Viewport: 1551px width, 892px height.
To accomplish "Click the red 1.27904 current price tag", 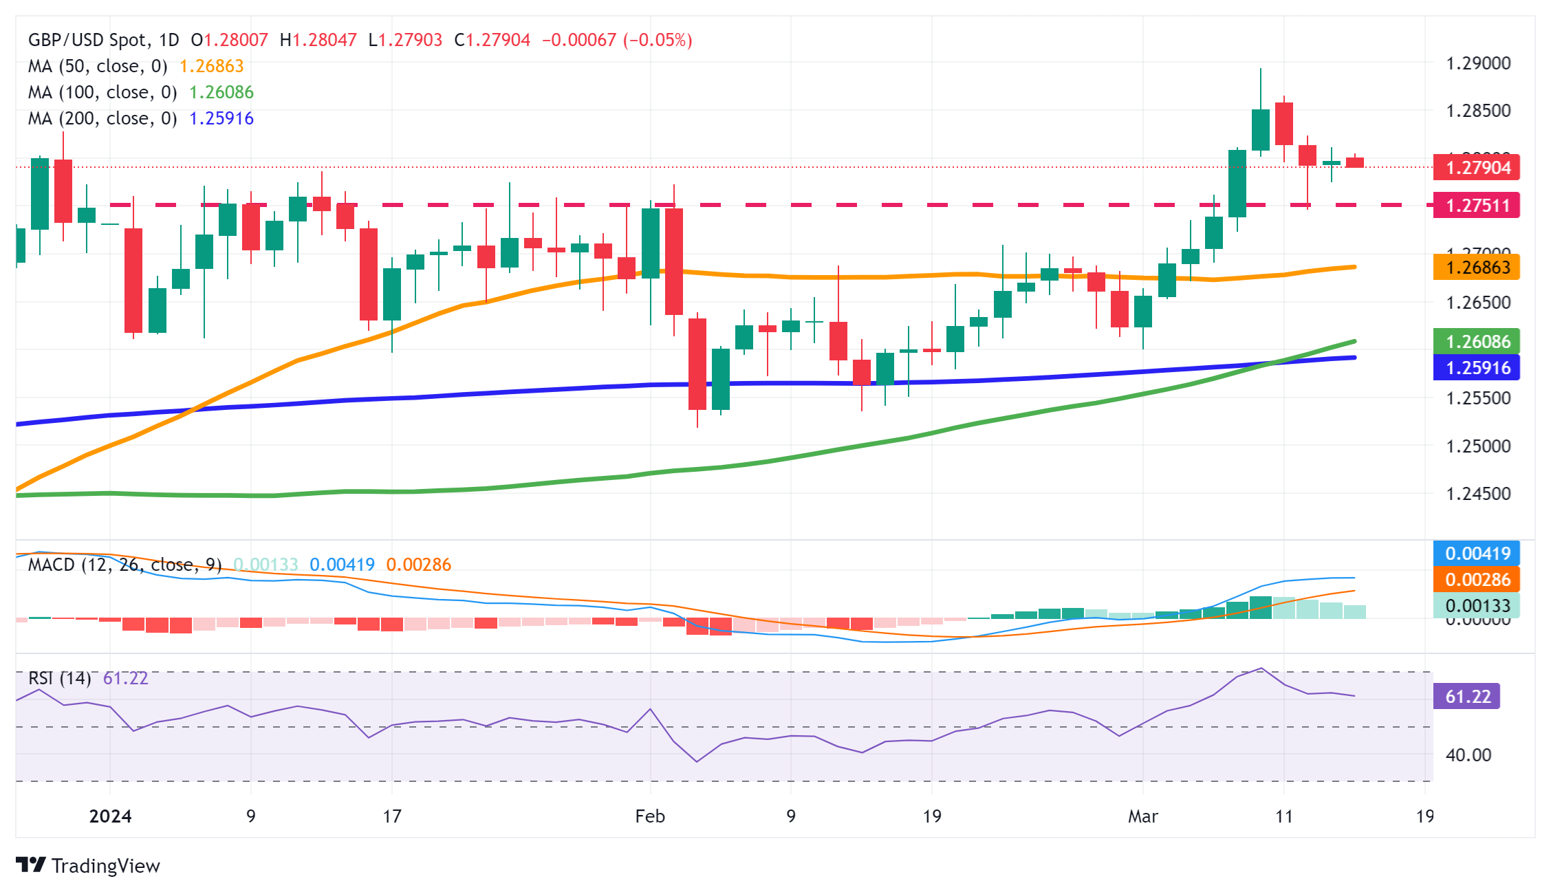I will (x=1476, y=168).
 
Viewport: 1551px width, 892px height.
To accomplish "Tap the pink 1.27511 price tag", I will (x=1476, y=206).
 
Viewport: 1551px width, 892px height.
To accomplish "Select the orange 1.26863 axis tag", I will (x=1476, y=268).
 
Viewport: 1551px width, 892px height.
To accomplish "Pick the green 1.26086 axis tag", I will (x=1476, y=342).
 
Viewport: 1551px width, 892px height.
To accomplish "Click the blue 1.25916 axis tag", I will (x=1476, y=368).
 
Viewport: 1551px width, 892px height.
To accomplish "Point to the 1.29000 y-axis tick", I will (x=1478, y=64).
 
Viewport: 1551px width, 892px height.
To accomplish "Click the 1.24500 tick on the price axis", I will (x=1478, y=494).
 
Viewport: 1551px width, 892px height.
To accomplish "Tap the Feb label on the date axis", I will (x=650, y=816).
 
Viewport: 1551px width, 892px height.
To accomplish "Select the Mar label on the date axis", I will (x=1142, y=816).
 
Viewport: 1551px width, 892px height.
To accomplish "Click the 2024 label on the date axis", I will (x=110, y=816).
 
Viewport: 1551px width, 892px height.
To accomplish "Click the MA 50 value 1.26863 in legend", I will (x=211, y=67).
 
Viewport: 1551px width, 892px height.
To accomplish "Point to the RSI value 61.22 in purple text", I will (x=125, y=679).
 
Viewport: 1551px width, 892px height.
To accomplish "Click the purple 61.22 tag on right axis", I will (x=1466, y=697).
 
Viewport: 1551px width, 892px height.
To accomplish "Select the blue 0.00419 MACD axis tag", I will (x=1476, y=554).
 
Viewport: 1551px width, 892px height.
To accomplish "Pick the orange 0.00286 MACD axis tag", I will (x=1476, y=580).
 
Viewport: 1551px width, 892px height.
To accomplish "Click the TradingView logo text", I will (x=105, y=866).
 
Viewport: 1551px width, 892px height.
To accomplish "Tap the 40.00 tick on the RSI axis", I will (x=1468, y=755).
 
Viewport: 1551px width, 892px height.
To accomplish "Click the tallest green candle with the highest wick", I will (x=1260, y=129).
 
